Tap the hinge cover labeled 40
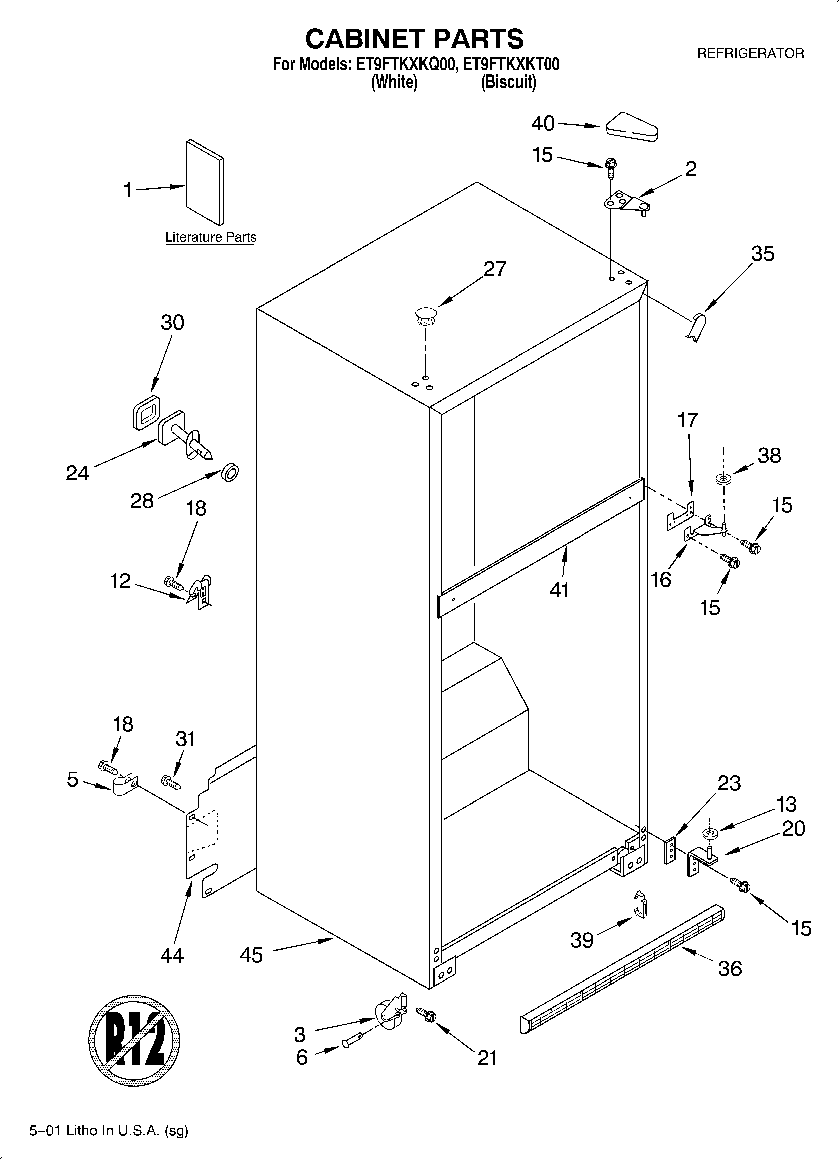632,126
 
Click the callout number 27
495,269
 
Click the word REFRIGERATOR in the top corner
750,53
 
